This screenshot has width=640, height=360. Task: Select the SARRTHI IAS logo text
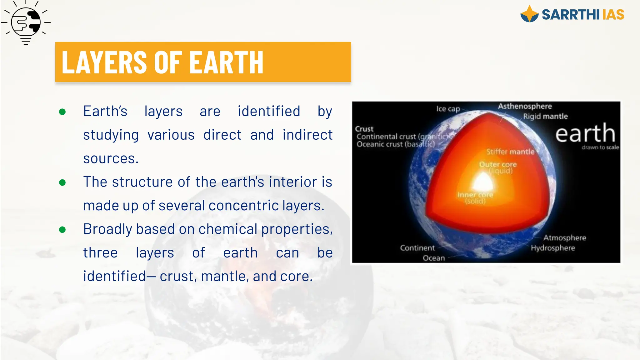[583, 15]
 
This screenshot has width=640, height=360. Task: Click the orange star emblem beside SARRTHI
[529, 14]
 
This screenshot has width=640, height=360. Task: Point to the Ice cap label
[448, 109]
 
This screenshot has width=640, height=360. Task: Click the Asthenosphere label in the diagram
[525, 106]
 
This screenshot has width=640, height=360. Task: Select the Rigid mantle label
[545, 116]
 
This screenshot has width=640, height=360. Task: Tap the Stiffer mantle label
[510, 152]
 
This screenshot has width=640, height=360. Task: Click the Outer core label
[498, 164]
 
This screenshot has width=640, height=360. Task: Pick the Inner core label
[475, 195]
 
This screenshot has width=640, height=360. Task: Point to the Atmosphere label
[564, 238]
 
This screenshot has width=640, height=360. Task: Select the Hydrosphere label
[553, 248]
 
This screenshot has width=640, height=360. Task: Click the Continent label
[417, 248]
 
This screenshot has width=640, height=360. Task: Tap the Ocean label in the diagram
[434, 258]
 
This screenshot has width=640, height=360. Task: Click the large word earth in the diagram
[585, 133]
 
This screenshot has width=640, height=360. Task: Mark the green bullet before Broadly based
[62, 230]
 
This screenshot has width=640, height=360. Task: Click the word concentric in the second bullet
[243, 206]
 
